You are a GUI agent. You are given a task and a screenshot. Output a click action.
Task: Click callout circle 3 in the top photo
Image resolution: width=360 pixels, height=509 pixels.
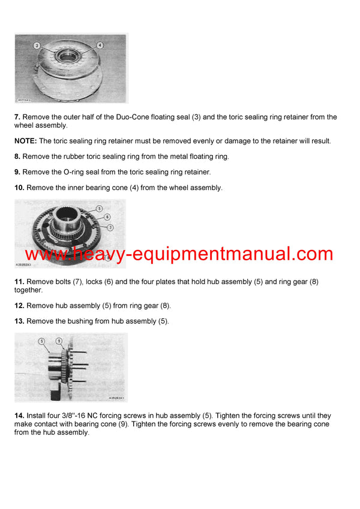pos(37,46)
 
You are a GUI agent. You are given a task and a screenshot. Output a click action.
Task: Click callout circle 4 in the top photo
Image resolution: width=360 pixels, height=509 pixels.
pos(100,45)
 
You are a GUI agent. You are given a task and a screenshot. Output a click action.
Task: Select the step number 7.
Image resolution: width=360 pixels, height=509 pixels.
pos(17,117)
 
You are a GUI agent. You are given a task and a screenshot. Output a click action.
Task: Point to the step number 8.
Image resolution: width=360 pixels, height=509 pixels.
pos(17,156)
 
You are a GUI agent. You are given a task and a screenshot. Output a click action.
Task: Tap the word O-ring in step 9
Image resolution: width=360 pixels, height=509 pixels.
pos(76,172)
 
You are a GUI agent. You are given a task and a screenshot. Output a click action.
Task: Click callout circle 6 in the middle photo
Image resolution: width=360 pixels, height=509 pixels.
pos(107,216)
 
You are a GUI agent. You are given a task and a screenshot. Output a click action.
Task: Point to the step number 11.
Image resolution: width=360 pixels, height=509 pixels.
pos(19,282)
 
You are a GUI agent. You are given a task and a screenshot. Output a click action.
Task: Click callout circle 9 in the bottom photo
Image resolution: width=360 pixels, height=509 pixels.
pos(58,341)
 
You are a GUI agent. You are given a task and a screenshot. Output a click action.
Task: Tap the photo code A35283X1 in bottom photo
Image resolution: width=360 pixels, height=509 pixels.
pos(116,397)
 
